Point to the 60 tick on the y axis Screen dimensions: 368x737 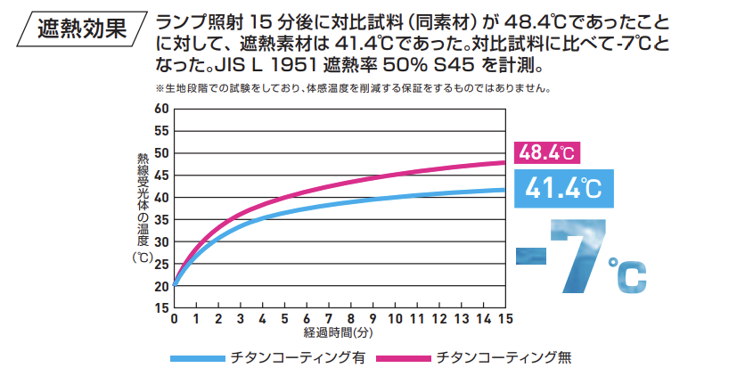(161, 109)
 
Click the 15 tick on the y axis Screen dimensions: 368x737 (161, 307)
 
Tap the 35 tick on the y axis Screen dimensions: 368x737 (161, 219)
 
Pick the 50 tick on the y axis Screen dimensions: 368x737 (161, 152)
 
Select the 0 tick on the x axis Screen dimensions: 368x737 (175, 319)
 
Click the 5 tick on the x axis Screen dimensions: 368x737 (285, 319)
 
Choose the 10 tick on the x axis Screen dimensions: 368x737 (395, 319)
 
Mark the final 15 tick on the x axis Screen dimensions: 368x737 (505, 319)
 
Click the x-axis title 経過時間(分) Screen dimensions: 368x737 (340, 332)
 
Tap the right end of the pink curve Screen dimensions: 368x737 (504, 162)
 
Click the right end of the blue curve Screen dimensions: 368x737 (504, 190)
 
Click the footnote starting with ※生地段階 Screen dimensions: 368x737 (352, 88)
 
